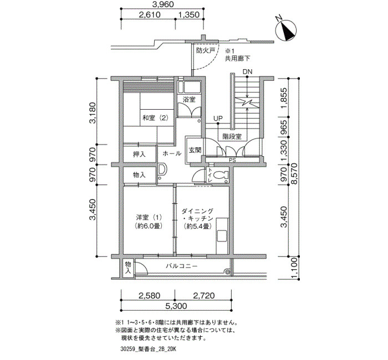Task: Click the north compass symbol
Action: (x=286, y=30)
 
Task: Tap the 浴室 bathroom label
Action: (x=189, y=100)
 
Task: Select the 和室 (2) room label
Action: (x=155, y=118)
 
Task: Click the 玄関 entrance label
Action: (x=195, y=150)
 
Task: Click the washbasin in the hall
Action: (x=162, y=169)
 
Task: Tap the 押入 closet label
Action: (x=139, y=155)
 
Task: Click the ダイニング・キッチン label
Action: (x=197, y=219)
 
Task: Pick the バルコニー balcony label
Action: (x=182, y=266)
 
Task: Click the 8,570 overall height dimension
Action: (x=294, y=173)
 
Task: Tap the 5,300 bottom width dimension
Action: (x=176, y=306)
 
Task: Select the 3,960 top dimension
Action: (x=163, y=4)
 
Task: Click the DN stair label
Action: (x=247, y=72)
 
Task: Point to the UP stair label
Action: (x=218, y=119)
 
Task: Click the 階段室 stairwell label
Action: (x=232, y=136)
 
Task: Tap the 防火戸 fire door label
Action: (x=206, y=51)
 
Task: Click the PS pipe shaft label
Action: (x=232, y=160)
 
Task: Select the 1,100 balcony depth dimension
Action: (x=294, y=268)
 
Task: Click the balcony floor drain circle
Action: (x=227, y=272)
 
